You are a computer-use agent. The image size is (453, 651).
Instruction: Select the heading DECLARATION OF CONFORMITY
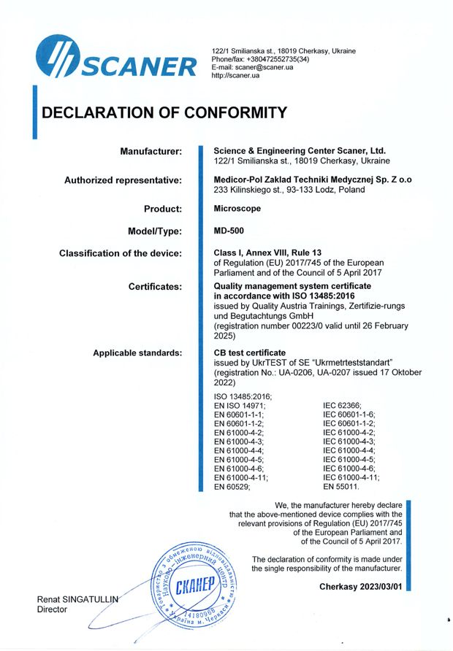[x=164, y=113]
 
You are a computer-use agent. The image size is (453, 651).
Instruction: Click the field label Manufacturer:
[x=151, y=151]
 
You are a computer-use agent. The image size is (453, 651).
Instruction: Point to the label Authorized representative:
[x=123, y=180]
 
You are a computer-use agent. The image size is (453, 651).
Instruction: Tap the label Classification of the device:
[x=120, y=253]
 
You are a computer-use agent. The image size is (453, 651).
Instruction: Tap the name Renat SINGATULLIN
[x=77, y=599]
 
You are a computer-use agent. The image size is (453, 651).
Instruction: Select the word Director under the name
[x=52, y=610]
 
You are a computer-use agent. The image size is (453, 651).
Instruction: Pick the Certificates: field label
[x=155, y=287]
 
